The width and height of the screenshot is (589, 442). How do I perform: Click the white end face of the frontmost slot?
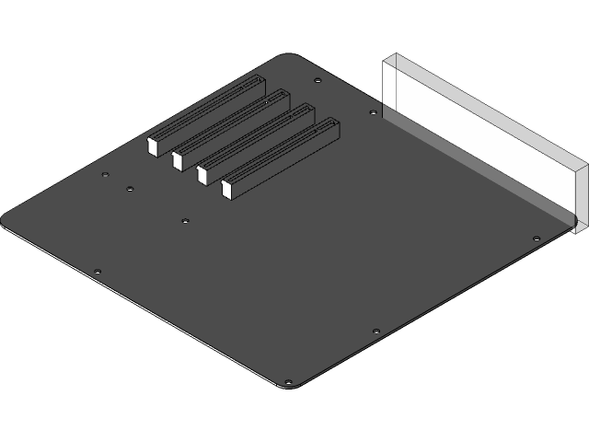point(226,190)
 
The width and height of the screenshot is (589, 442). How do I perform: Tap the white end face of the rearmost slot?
point(153,145)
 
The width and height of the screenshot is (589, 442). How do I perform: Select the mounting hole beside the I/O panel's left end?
point(372,113)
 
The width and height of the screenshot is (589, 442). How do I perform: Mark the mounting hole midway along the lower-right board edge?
point(375,329)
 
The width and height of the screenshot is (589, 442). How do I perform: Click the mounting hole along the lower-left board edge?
point(98,272)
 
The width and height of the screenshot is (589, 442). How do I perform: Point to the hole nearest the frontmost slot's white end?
point(185,221)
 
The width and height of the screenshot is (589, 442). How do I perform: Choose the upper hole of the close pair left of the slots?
point(106,173)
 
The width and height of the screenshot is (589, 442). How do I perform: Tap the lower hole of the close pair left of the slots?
point(130,189)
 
